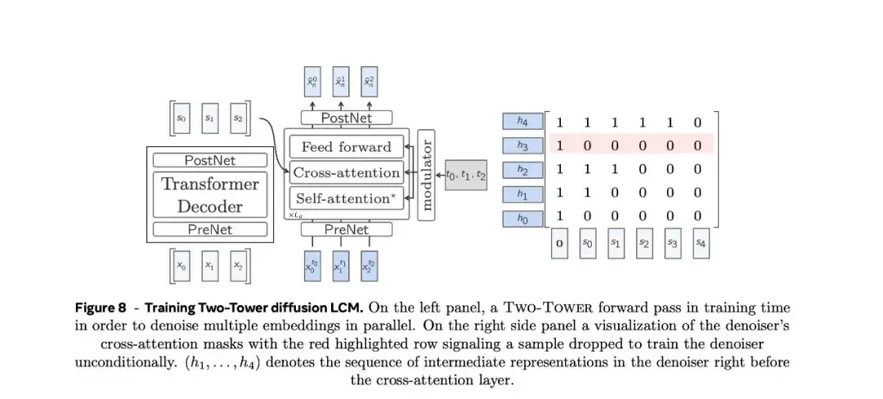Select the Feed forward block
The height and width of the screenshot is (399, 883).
(347, 147)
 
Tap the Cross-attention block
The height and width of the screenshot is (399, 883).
(347, 173)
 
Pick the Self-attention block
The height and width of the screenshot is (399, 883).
(347, 198)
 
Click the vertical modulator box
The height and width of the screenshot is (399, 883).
(425, 173)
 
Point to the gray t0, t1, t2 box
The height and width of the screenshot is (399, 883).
(465, 174)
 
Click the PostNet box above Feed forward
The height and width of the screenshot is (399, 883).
(347, 119)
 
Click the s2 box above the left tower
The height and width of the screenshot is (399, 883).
(238, 119)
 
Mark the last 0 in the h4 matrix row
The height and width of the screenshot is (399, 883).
(697, 123)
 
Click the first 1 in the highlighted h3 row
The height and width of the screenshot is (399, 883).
(560, 146)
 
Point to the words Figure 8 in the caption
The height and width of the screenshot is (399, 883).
(101, 308)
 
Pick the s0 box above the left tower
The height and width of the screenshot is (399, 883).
(182, 119)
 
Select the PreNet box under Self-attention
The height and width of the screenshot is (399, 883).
(347, 230)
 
